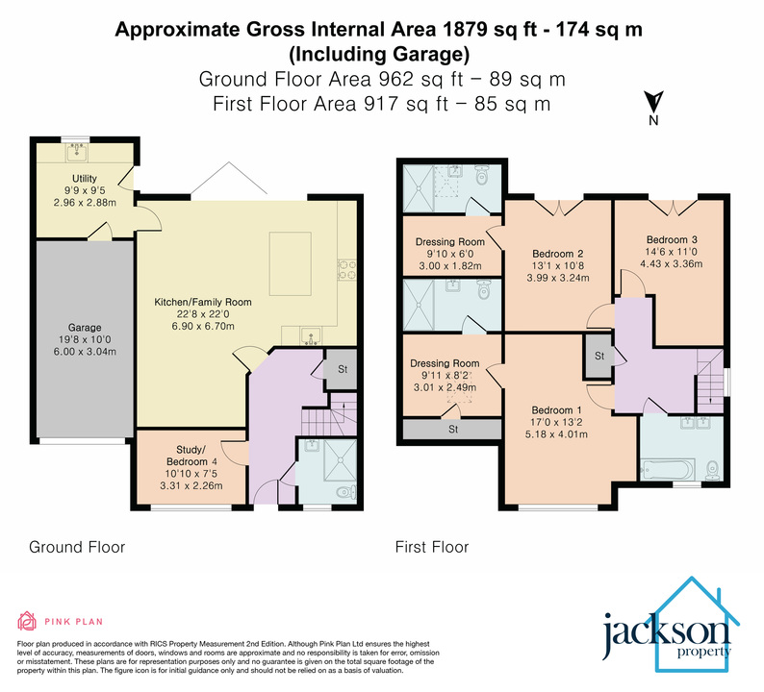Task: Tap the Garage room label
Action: [85, 328]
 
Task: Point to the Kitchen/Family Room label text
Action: [203, 302]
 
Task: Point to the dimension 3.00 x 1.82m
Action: [450, 266]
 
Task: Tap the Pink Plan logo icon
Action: [26, 619]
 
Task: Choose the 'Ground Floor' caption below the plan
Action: [77, 548]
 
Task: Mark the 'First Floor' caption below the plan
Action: [432, 548]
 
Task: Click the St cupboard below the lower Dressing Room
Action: [450, 430]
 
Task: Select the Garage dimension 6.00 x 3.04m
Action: [85, 352]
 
